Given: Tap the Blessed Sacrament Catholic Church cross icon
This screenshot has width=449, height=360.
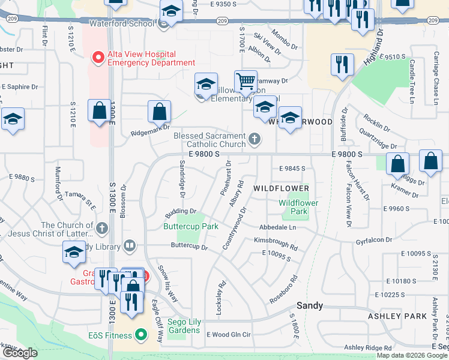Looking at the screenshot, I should pos(255,140).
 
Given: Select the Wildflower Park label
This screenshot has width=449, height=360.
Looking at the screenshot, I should pos(298,207).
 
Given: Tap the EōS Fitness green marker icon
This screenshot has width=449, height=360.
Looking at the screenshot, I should pos(141,334).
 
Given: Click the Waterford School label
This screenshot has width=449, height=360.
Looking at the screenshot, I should pos(121,24).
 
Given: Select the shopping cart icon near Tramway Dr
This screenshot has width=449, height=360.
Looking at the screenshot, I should pos(245,81).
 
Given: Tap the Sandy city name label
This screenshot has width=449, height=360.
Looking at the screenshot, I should pos(310,305).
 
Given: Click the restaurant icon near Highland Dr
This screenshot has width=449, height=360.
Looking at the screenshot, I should pos(342,64).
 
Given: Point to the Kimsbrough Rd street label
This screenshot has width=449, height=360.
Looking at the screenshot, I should pos(275,243).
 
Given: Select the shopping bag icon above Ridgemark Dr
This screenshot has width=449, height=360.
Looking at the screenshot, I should pos(159,112).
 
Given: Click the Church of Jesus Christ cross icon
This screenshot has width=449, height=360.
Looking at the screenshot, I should pos(102,229).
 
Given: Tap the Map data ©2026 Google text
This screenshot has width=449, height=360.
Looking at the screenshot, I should pos(412,355).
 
